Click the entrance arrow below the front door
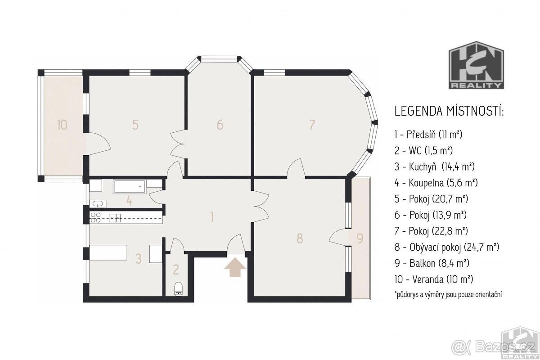pyautogui.click(x=235, y=267)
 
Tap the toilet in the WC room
pyautogui.click(x=178, y=288)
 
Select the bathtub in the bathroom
pyautogui.click(x=130, y=186)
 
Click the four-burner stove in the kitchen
pyautogui.click(x=95, y=217)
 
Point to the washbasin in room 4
pyautogui.click(x=98, y=204)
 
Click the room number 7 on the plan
pyautogui.click(x=312, y=125)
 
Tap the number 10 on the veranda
pyautogui.click(x=63, y=125)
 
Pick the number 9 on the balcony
pyautogui.click(x=360, y=238)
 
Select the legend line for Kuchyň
pyautogui.click(x=434, y=166)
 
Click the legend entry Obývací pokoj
pyautogui.click(x=447, y=247)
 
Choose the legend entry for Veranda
pyautogui.click(x=434, y=279)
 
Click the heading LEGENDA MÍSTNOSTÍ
pyautogui.click(x=449, y=111)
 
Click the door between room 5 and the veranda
pyautogui.click(x=98, y=144)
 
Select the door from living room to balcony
pyautogui.click(x=339, y=237)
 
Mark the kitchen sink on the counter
pyautogui.click(x=115, y=218)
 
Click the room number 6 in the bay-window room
pyautogui.click(x=220, y=125)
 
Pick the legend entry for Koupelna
pyautogui.click(x=436, y=183)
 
